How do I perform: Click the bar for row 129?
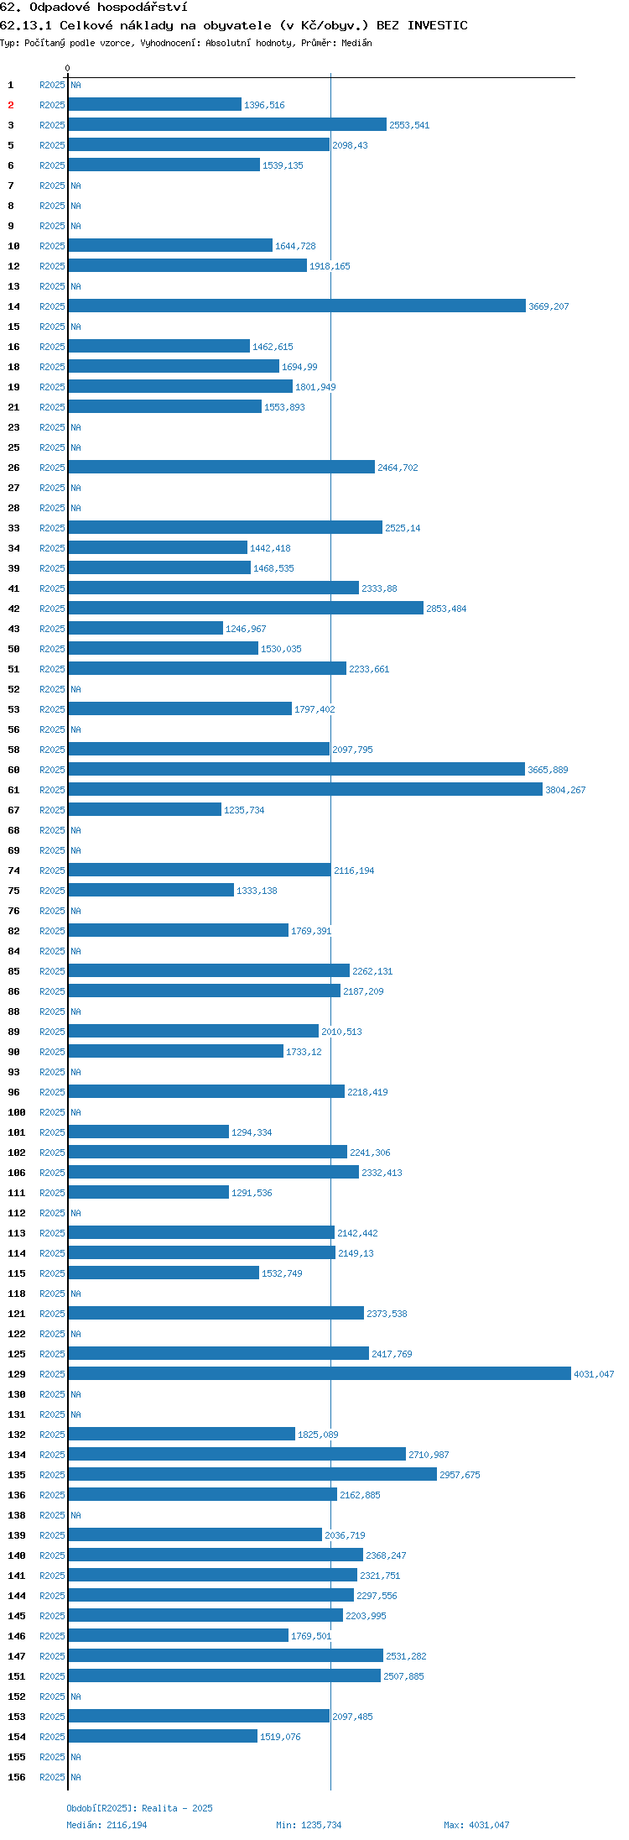click(x=320, y=1373)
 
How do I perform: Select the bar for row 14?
click(x=297, y=306)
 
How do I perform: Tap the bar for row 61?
click(x=305, y=789)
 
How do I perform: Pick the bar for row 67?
click(x=145, y=809)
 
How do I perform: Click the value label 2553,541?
click(x=409, y=125)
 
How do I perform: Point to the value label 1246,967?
click(x=246, y=629)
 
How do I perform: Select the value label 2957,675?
click(x=460, y=1475)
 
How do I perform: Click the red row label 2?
click(x=11, y=105)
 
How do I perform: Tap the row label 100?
click(x=17, y=1112)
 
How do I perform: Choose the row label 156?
click(x=17, y=1777)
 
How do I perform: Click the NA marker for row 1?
click(x=75, y=85)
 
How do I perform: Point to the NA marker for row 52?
click(x=75, y=689)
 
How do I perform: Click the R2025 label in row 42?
click(x=52, y=609)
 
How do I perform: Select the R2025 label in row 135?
click(x=52, y=1475)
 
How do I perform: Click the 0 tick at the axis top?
click(x=68, y=68)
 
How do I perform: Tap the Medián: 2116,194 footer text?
click(x=107, y=1825)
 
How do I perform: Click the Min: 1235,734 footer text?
click(x=309, y=1825)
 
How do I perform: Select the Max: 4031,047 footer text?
click(x=476, y=1825)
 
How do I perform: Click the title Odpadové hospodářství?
click(x=108, y=7)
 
